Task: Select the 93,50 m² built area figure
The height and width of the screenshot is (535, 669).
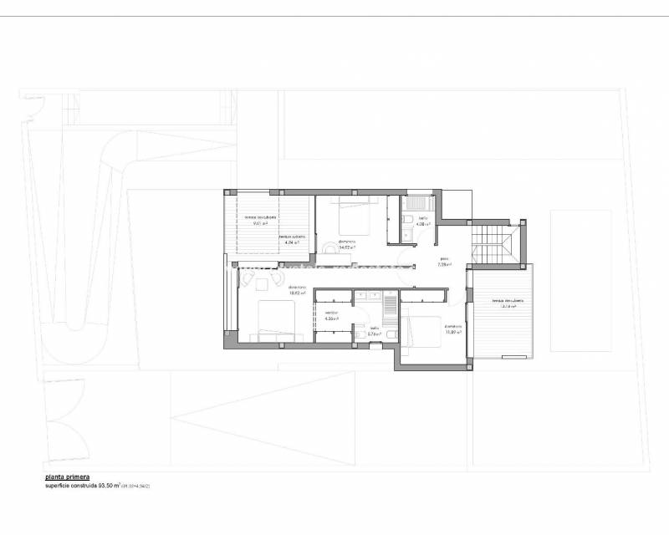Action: (x=110, y=485)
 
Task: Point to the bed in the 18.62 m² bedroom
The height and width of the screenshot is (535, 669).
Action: (x=276, y=318)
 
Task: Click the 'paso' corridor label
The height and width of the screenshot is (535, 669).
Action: (x=445, y=262)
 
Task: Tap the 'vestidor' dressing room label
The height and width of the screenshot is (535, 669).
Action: (x=331, y=314)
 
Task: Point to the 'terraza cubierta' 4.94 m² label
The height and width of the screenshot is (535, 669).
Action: (x=292, y=239)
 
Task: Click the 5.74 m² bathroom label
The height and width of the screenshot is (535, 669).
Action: (x=374, y=331)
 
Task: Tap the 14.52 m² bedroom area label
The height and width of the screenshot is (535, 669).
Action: (x=346, y=244)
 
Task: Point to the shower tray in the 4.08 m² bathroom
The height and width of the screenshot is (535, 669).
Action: (x=416, y=201)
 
